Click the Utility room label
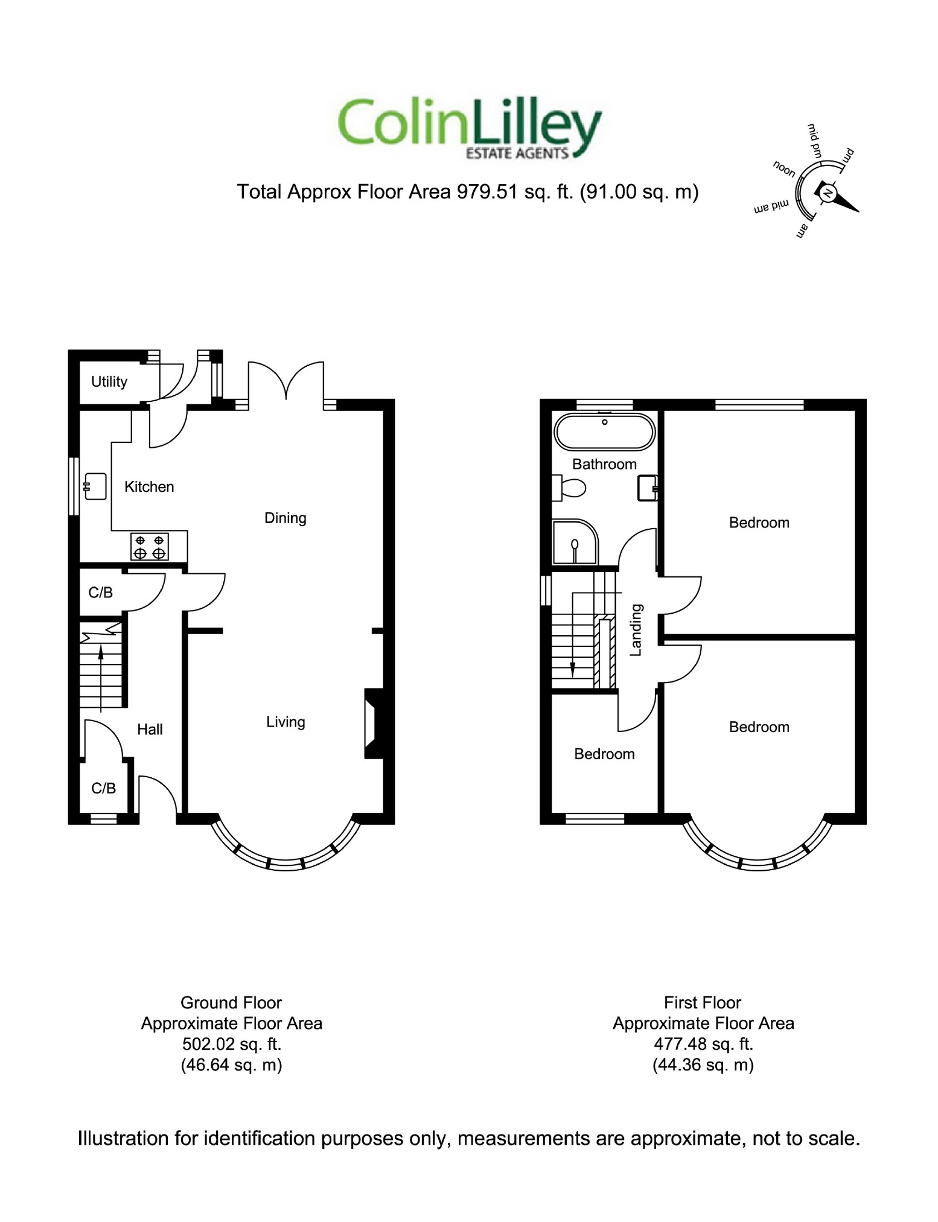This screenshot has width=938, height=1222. pos(109,382)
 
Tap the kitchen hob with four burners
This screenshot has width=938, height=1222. pos(150,547)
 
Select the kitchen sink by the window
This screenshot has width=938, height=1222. pos(95,486)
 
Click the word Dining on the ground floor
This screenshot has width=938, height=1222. pos(285,518)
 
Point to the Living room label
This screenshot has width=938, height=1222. pos(286,722)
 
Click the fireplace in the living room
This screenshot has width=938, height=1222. pos(372,724)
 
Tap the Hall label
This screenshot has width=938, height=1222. pos(150,730)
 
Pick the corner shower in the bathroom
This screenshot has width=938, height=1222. pos(573,543)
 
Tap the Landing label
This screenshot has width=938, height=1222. pos(636,630)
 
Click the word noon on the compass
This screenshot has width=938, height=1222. pos(784,169)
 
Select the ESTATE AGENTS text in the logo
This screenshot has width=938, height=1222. pos(517,154)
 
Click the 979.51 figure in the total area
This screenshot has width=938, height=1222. pos(487,192)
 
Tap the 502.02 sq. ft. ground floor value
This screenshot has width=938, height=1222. pos(232,1045)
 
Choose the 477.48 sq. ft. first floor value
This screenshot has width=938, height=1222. pos(703,1045)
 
